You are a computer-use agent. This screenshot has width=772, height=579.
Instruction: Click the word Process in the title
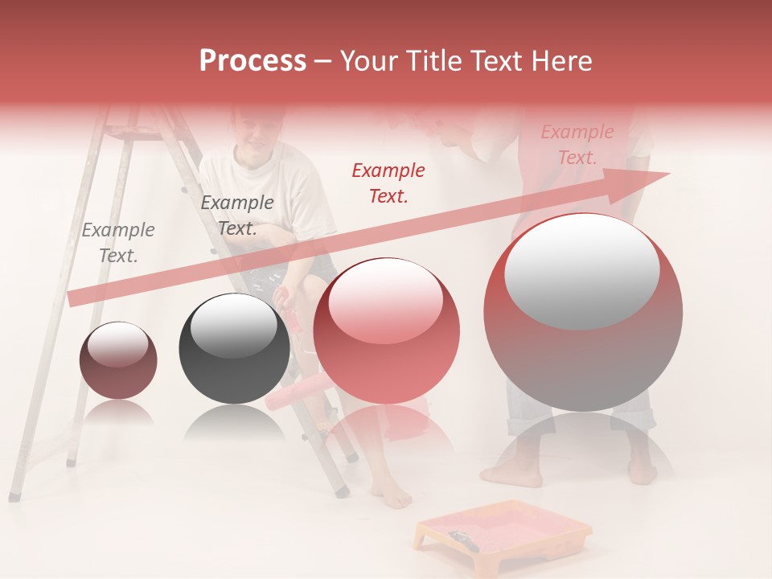click(x=253, y=61)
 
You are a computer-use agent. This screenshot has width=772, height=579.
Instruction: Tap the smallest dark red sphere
click(x=118, y=360)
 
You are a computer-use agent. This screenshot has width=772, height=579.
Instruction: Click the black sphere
click(x=234, y=348)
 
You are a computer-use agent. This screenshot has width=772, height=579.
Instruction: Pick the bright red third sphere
click(x=386, y=331)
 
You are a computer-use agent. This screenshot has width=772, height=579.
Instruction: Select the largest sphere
click(x=582, y=312)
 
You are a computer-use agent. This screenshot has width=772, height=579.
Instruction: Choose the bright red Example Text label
click(x=388, y=183)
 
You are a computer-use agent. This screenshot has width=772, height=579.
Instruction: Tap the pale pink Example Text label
click(x=577, y=144)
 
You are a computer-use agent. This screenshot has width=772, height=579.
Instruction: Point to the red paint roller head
click(x=295, y=394)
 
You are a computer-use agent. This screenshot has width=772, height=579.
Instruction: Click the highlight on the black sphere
click(x=233, y=323)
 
